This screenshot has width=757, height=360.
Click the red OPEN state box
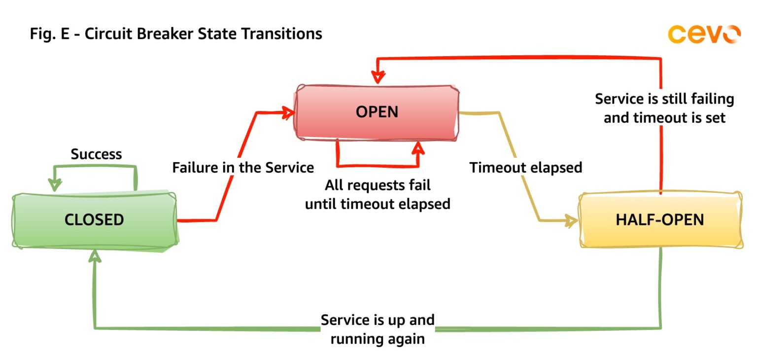(377, 112)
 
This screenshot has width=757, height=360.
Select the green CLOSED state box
(94, 219)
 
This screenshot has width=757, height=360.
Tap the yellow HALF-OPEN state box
(660, 219)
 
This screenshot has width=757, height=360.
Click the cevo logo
(704, 34)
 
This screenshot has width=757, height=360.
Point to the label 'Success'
(96, 154)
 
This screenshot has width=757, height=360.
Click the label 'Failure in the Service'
(243, 168)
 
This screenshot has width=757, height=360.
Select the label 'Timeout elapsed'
(526, 168)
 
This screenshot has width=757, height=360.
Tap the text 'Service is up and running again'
(378, 329)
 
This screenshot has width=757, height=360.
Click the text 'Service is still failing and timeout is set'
(664, 108)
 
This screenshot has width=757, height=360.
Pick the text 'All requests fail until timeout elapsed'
(378, 194)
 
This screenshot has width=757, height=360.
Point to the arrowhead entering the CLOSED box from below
(95, 255)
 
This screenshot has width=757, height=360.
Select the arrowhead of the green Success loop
(54, 185)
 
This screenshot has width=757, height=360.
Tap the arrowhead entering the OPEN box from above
(378, 78)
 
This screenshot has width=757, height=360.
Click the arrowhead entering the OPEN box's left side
(288, 113)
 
